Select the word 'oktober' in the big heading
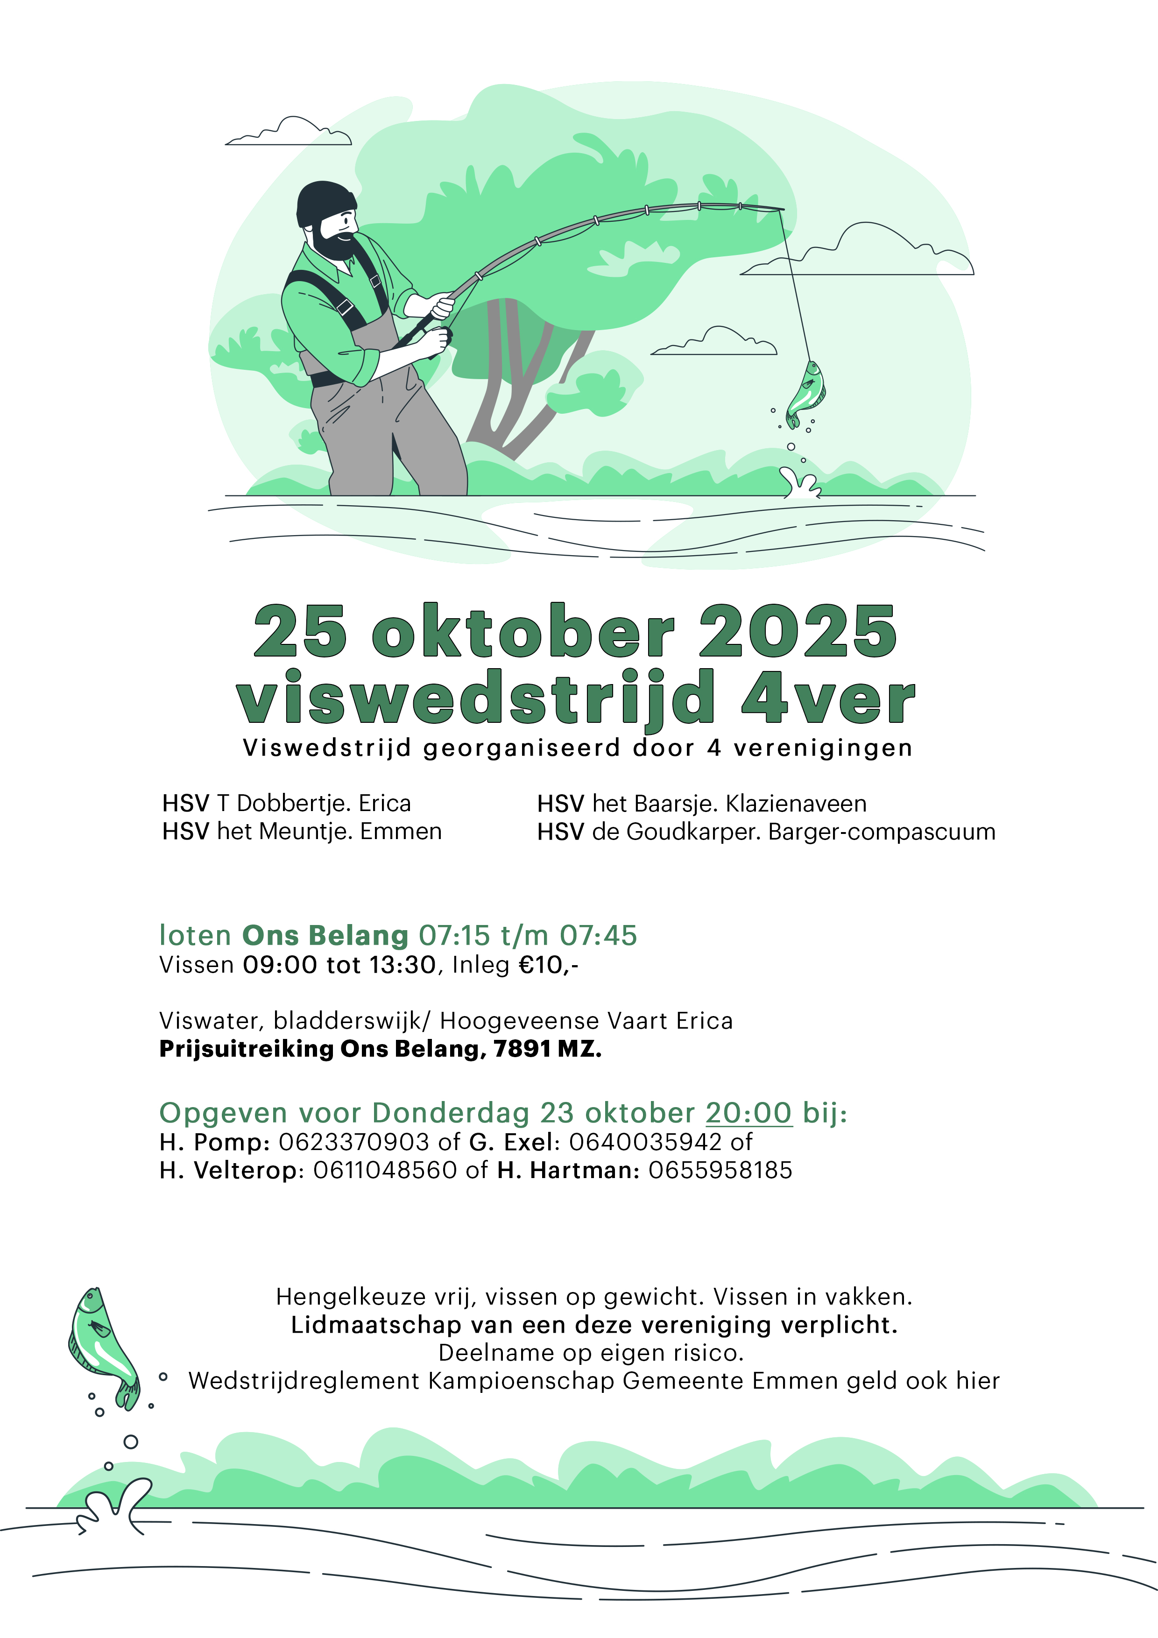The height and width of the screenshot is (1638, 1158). coord(523,632)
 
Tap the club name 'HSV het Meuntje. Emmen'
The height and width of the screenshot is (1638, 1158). coord(302,831)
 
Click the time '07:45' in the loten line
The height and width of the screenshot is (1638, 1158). coord(598,935)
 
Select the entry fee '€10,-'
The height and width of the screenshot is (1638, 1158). coord(548,965)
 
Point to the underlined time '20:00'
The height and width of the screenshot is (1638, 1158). coord(748,1113)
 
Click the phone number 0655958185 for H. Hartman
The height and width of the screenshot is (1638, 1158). coord(720,1171)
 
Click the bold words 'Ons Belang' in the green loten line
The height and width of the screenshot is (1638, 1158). coord(325,935)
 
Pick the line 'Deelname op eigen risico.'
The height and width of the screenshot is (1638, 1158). coord(591,1353)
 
